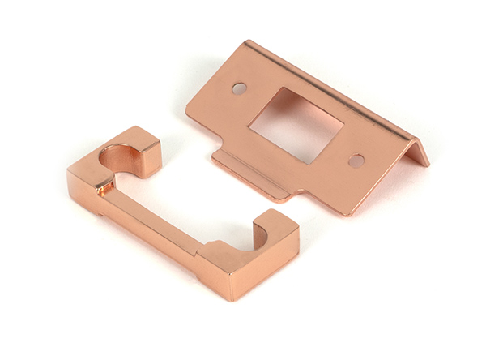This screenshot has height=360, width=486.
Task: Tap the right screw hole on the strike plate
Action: pyautogui.click(x=356, y=161)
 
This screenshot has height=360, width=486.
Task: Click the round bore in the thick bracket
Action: pyautogui.click(x=119, y=154)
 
